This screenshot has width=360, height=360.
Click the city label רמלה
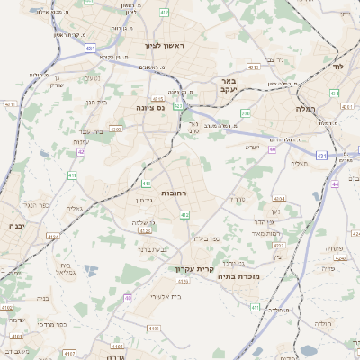coord(307,108)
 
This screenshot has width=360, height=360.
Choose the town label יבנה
coord(16,227)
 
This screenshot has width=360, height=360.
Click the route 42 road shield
coord(81,151)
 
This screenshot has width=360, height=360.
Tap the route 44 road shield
coord(335,184)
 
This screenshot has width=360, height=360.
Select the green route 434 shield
coord(335,93)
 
